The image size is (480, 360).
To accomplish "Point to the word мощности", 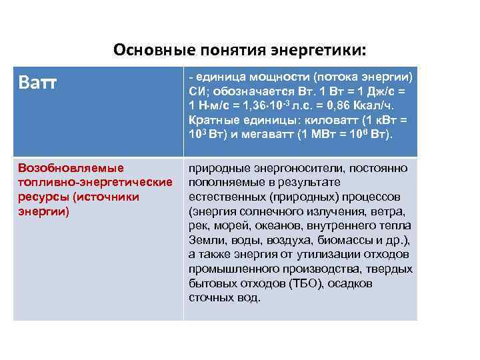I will (283, 76).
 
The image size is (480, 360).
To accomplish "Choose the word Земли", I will (205, 241).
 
